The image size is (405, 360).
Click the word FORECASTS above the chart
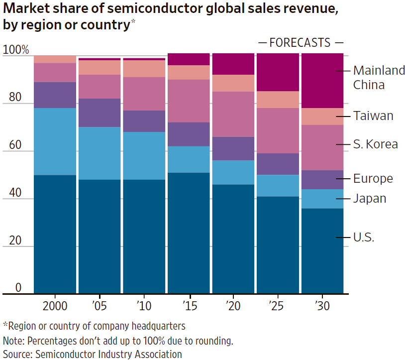[x=300, y=43]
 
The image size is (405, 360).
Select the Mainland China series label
[x=379, y=78]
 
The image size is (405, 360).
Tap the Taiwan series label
[x=373, y=116]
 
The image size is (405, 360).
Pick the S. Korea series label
[x=375, y=144]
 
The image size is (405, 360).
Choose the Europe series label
[x=373, y=179]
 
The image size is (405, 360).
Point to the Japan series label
[x=370, y=199]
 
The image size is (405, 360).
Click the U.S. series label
[x=364, y=238]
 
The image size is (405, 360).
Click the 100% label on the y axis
[x=16, y=50]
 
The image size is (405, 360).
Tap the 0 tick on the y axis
[x=18, y=288]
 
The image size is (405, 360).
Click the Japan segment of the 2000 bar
[x=55, y=141]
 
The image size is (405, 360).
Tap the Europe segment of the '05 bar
[x=100, y=113]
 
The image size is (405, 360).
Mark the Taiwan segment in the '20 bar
[x=233, y=83]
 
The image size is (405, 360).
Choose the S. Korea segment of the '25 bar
[x=278, y=130]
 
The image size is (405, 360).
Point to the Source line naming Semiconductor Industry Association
[x=93, y=354]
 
